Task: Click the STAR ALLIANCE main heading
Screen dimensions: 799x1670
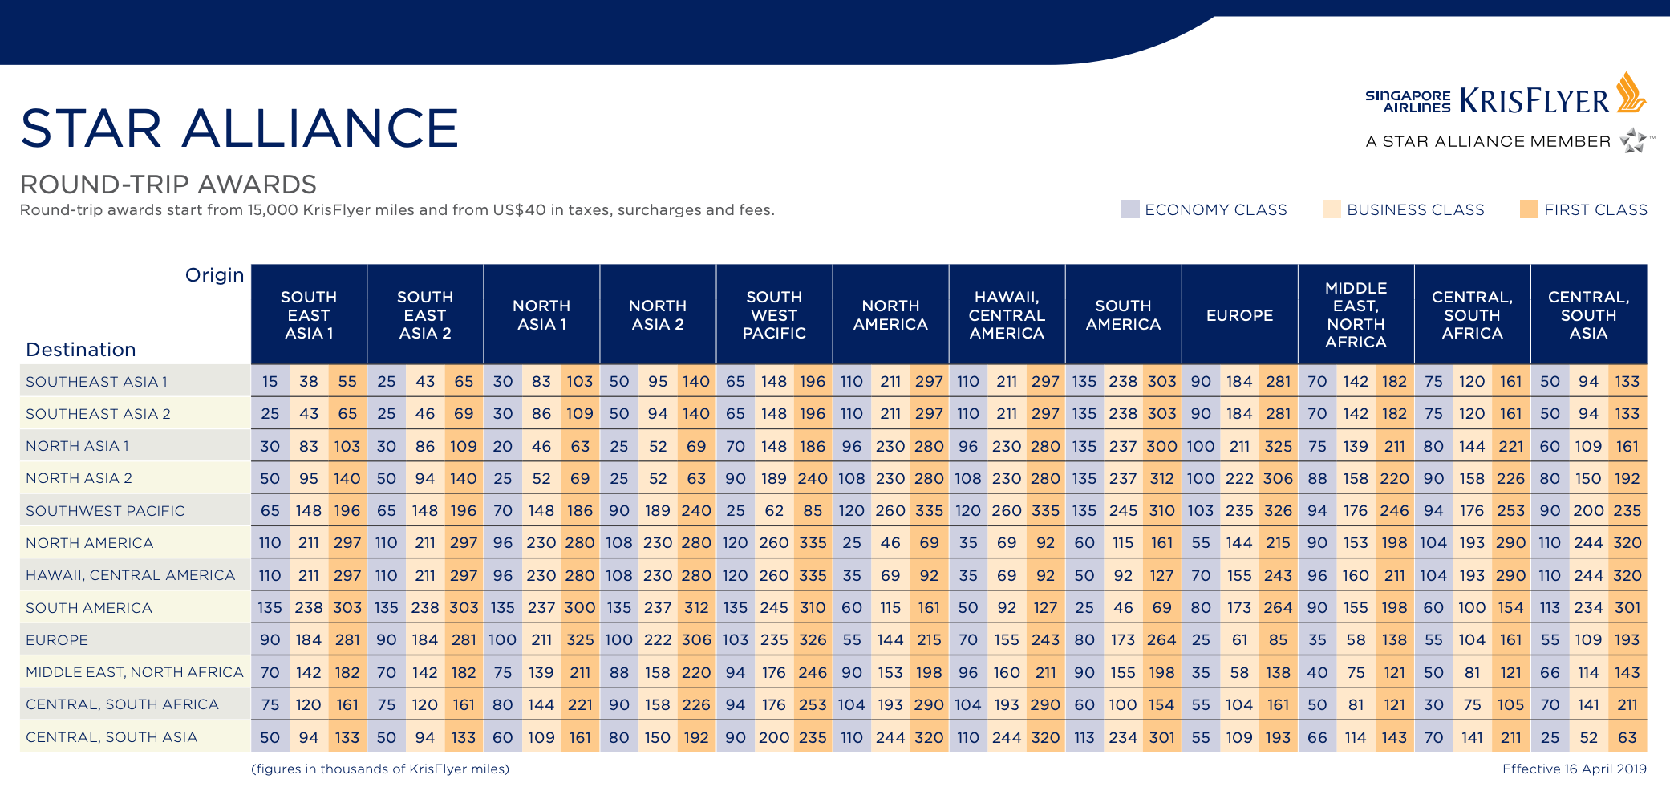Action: coord(239,128)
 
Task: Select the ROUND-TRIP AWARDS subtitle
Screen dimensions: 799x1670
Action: coord(168,185)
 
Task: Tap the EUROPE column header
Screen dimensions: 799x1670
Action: coord(1239,315)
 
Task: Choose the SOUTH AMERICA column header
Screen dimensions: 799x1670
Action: coord(1123,315)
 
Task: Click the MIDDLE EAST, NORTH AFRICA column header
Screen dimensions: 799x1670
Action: coord(1356,315)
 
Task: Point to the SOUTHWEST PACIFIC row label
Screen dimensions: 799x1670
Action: coord(105,511)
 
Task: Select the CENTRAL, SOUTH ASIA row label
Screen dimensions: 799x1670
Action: coord(111,737)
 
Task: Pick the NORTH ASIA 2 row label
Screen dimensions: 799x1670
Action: coord(79,478)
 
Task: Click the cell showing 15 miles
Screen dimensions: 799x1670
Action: coord(270,382)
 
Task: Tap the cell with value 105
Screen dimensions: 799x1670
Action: coord(1510,704)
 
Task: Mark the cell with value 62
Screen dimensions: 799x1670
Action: coord(774,511)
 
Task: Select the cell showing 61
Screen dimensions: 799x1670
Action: coord(1239,640)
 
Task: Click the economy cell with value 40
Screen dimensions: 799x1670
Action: coord(1317,672)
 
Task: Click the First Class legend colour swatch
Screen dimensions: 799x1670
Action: coord(1529,209)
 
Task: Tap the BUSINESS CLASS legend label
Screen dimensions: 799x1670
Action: coord(1416,210)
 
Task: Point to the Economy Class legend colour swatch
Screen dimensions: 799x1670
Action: coord(1130,209)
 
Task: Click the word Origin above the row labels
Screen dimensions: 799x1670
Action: coord(214,275)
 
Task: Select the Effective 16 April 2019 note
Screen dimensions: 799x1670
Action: coord(1574,769)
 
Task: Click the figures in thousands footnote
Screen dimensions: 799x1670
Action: coord(380,769)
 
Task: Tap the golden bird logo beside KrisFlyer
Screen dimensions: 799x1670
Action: coord(1631,93)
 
